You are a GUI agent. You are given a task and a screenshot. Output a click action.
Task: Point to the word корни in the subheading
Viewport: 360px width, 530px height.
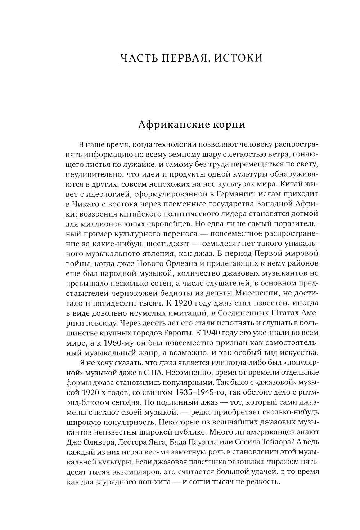tap(229, 125)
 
